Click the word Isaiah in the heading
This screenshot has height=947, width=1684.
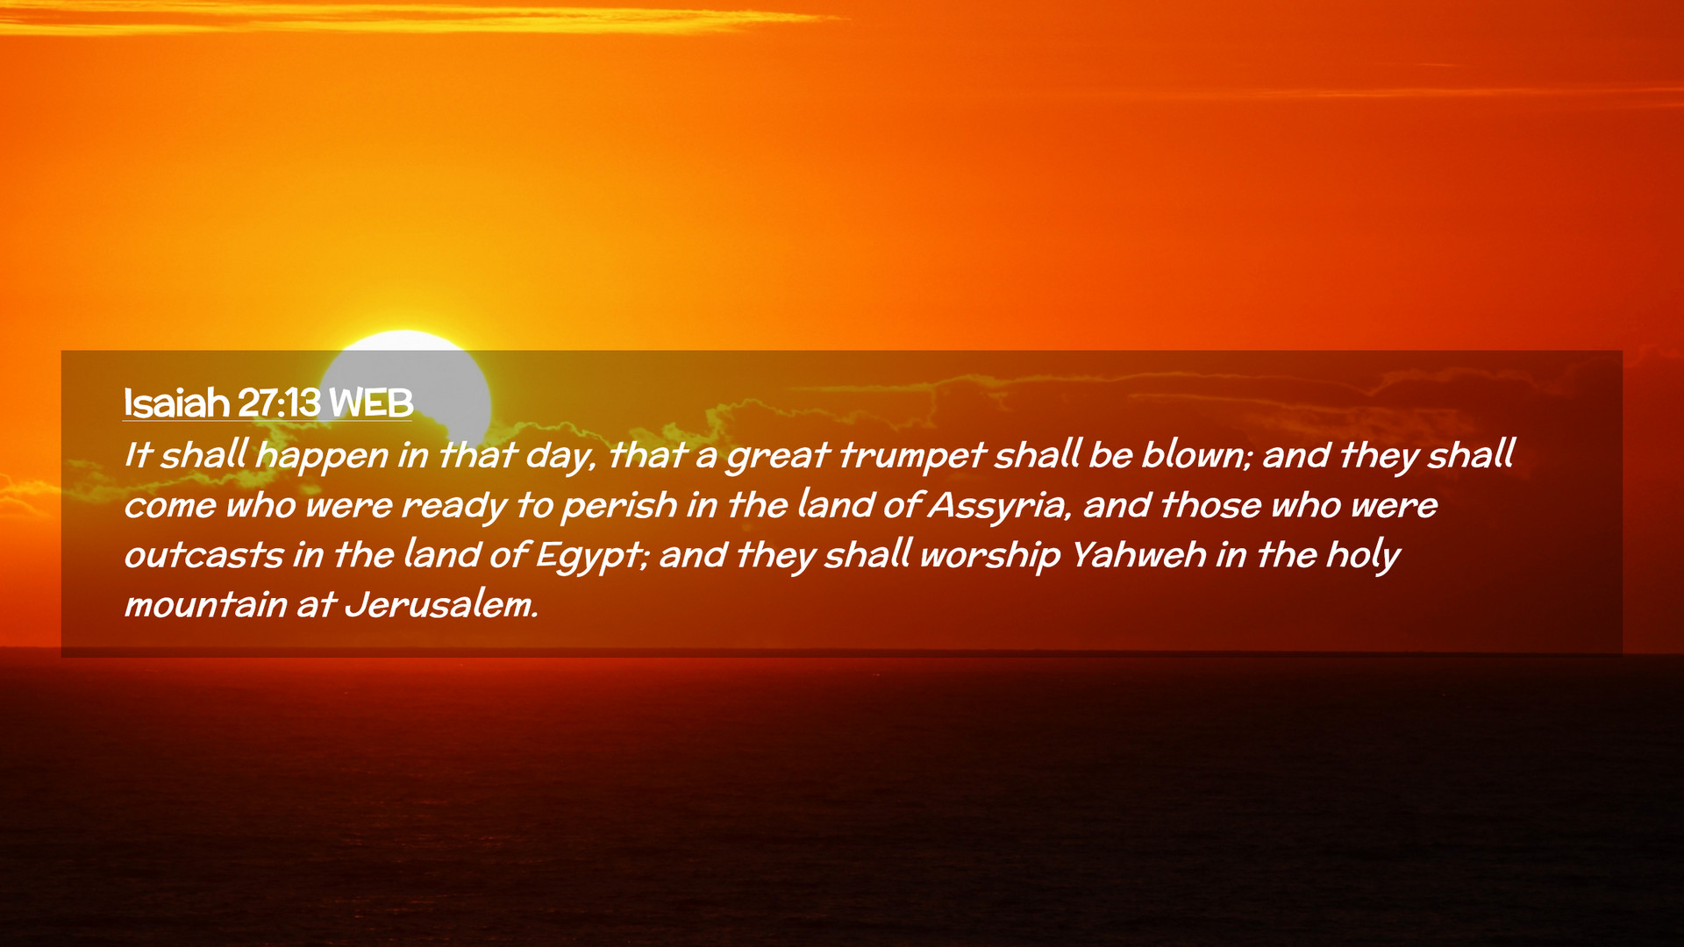coord(176,402)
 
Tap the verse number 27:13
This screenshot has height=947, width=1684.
coord(279,402)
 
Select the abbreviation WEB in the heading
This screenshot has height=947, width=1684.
coord(371,402)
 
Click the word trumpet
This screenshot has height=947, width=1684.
coord(911,455)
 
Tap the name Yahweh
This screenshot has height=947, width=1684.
coord(1138,555)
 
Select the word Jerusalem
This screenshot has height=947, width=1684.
coord(441,605)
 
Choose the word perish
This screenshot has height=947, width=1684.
coord(619,506)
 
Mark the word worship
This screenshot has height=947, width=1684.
coord(989,556)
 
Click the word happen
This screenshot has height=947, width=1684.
coord(321,456)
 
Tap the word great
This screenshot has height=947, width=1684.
coord(777,456)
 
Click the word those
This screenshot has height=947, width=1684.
coord(1211,505)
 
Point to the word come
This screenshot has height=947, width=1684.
coord(169,506)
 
